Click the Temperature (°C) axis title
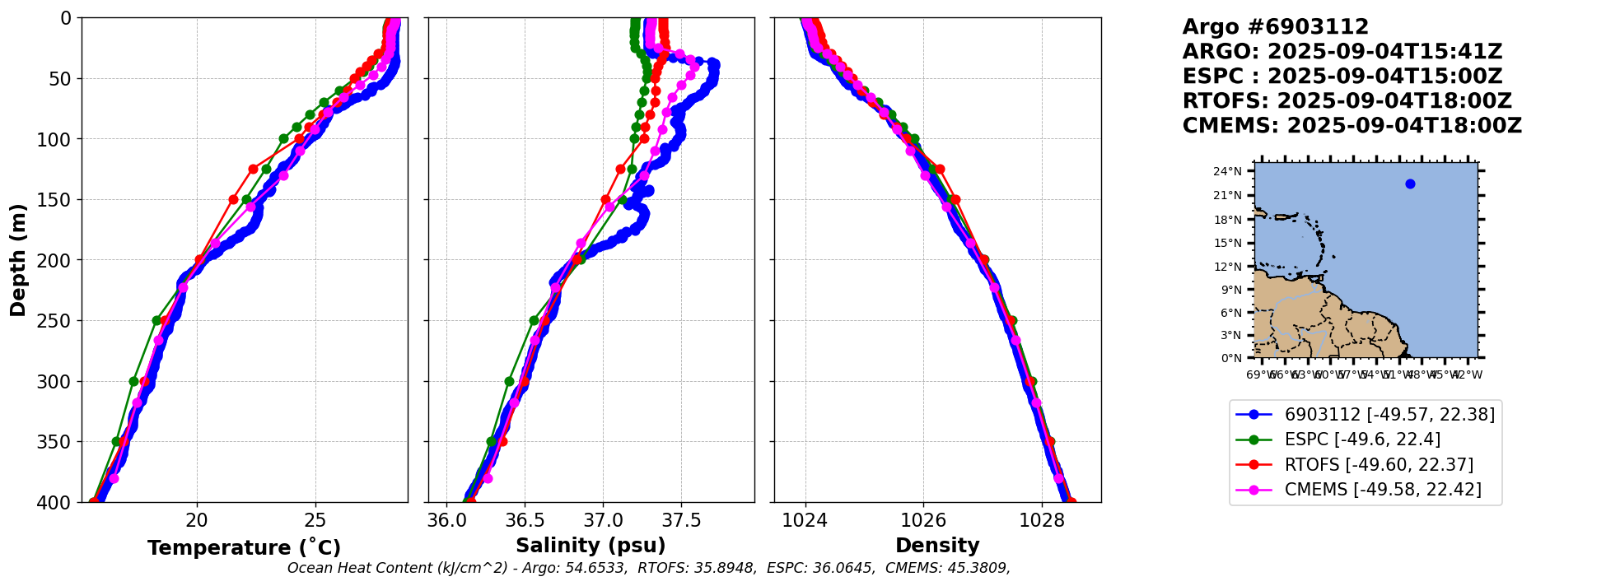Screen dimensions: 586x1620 tap(244, 548)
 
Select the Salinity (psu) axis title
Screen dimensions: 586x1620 tap(591, 546)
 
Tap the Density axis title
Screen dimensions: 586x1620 tap(937, 546)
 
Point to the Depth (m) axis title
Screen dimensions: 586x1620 tap(18, 260)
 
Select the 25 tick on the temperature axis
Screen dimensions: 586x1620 tap(315, 520)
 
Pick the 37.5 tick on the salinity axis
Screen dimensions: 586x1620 tap(681, 520)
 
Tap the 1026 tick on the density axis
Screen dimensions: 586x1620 tap(923, 520)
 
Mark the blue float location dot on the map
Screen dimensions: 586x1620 tap(1410, 184)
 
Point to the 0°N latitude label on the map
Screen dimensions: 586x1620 tap(1230, 358)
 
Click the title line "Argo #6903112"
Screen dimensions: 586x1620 tap(1275, 27)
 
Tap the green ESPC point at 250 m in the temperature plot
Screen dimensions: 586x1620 tap(156, 320)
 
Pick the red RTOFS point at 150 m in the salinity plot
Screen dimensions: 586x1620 tap(605, 199)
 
